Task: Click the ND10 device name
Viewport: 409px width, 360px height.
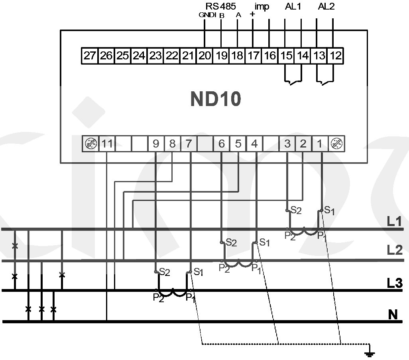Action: pyautogui.click(x=216, y=99)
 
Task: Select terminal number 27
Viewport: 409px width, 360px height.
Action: pyautogui.click(x=90, y=55)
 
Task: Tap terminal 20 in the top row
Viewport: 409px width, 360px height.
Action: pyautogui.click(x=204, y=55)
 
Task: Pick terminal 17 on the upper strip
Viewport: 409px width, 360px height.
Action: pyautogui.click(x=253, y=55)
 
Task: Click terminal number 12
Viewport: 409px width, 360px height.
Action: pyautogui.click(x=336, y=55)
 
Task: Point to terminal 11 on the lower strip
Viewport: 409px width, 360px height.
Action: pyautogui.click(x=106, y=144)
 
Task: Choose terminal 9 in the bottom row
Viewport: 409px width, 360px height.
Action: pyautogui.click(x=156, y=144)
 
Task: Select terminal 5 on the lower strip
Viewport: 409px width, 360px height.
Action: pyautogui.click(x=238, y=144)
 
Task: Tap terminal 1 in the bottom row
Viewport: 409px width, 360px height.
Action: pyautogui.click(x=320, y=144)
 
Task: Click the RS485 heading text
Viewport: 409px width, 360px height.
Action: pyautogui.click(x=220, y=6)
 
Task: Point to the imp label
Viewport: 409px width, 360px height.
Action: pyautogui.click(x=262, y=6)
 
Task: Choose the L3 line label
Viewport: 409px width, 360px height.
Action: pyautogui.click(x=394, y=283)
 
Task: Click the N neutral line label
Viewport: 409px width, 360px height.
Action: pyautogui.click(x=393, y=315)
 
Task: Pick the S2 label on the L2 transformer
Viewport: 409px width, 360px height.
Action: pyautogui.click(x=231, y=242)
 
